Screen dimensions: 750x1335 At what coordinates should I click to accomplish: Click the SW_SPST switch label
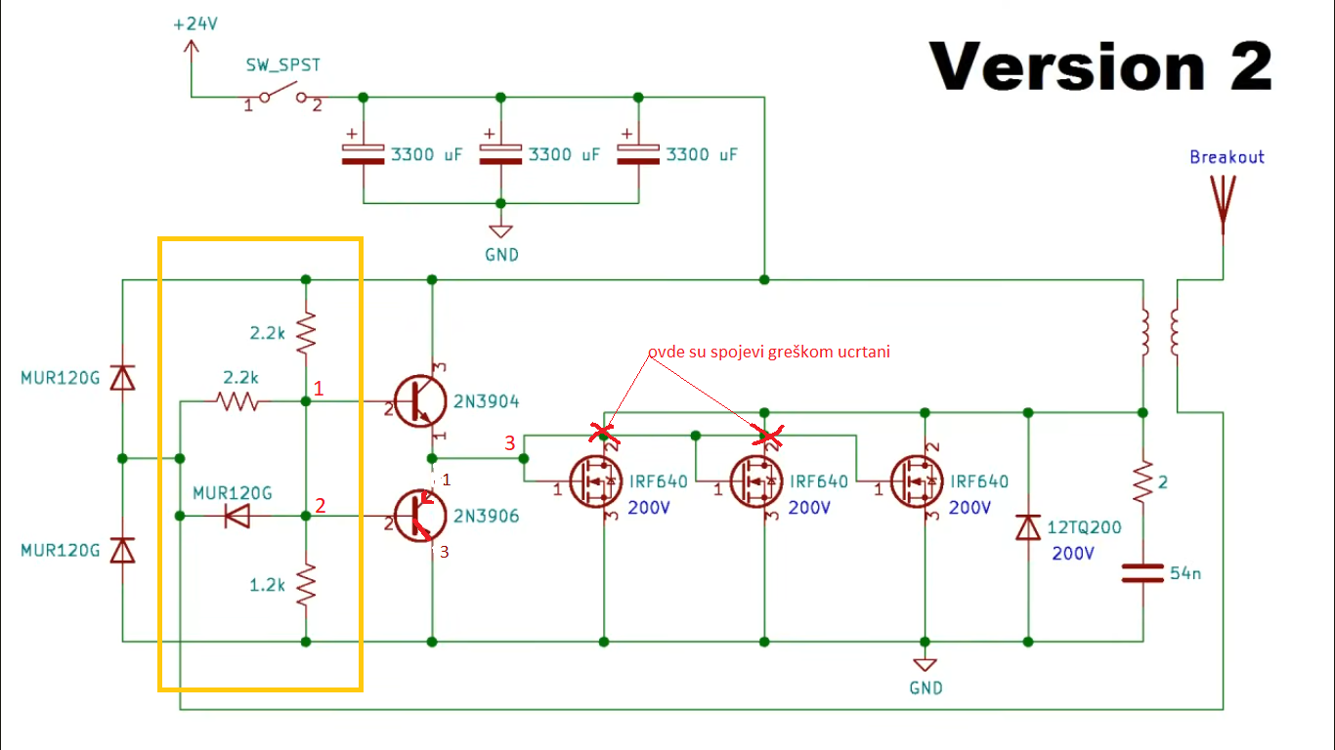pos(282,65)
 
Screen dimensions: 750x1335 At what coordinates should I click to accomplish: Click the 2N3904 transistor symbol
pos(421,401)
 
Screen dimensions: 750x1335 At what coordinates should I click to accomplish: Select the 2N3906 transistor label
pos(487,516)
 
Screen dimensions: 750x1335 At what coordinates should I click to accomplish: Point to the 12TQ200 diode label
pos(1084,528)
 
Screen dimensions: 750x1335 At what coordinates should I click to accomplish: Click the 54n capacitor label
pos(1185,573)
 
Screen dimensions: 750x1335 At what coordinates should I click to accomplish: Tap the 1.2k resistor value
pos(266,585)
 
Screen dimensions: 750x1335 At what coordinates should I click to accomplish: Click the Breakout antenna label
pos(1227,157)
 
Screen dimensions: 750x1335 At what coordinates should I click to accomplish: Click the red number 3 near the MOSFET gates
pos(509,444)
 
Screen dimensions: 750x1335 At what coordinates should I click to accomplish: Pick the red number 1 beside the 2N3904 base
pos(319,389)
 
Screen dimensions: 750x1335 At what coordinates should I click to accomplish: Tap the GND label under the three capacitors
pos(501,255)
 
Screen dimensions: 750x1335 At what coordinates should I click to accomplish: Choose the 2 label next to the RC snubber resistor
pos(1163,482)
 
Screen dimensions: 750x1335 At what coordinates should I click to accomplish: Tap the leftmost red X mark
pos(605,431)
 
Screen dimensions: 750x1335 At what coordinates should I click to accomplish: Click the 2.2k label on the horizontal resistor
pos(240,378)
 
